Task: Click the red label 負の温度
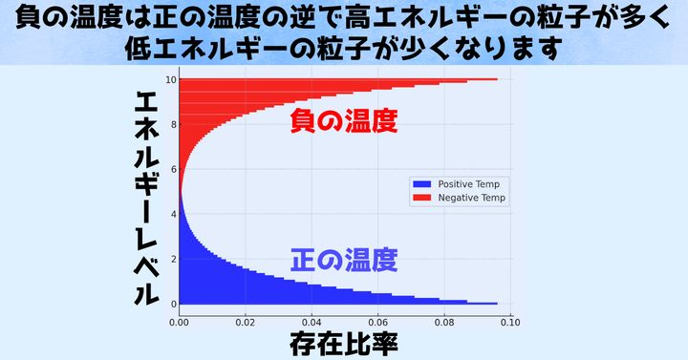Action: pos(343,122)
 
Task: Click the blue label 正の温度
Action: pos(343,258)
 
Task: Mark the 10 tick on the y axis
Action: pos(170,79)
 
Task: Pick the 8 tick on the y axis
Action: pos(172,124)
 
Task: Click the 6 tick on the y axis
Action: pos(172,169)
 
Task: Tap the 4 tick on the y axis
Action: pos(172,214)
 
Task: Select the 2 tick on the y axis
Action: pos(172,259)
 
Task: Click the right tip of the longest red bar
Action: pos(497,79)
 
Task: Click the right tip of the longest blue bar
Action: pos(497,304)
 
